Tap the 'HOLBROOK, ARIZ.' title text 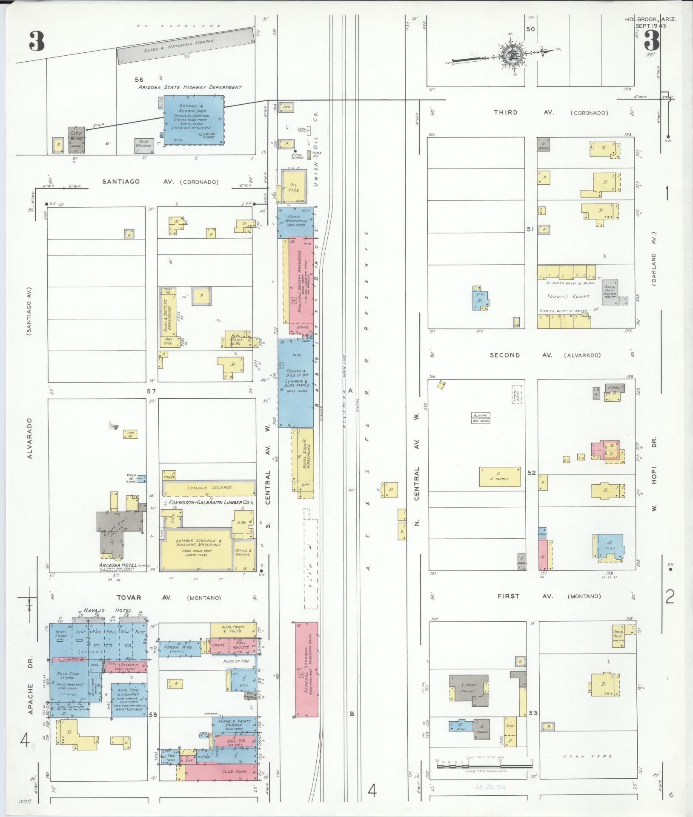(650, 19)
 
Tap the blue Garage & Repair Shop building (194, 120)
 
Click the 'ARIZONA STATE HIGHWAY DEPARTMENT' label (189, 87)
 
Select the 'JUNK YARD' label (588, 756)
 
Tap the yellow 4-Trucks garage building (500, 476)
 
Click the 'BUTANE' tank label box (481, 415)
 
